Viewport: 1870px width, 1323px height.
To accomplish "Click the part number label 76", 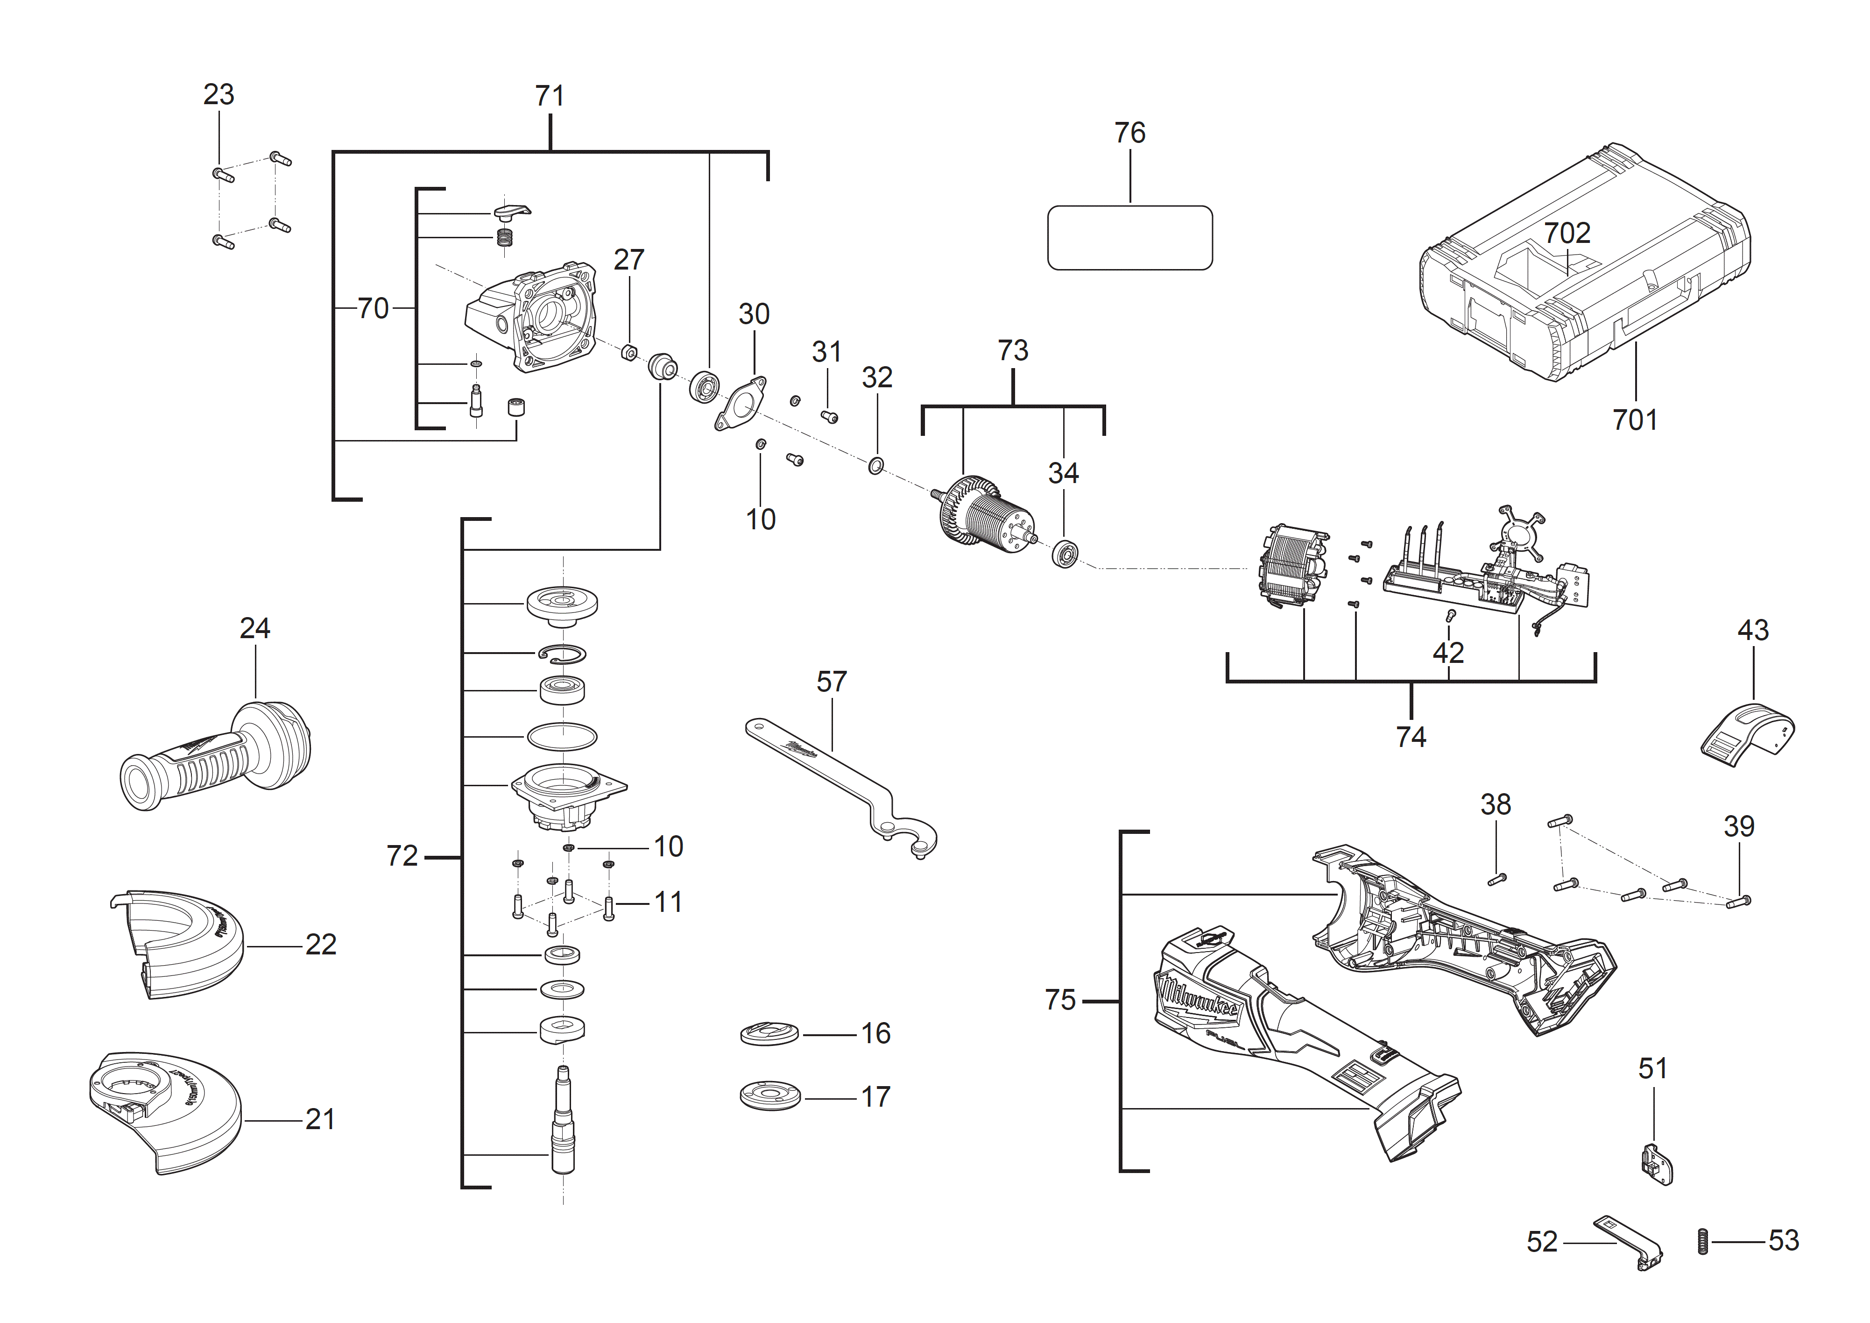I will pyautogui.click(x=1129, y=133).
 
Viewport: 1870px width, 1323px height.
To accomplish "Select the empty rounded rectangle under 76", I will pyautogui.click(x=1129, y=238).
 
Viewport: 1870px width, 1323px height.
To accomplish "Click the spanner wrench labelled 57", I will pyautogui.click(x=843, y=782).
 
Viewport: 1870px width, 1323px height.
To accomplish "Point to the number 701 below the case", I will pyautogui.click(x=1635, y=420).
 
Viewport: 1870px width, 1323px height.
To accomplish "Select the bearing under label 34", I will pyautogui.click(x=1065, y=554).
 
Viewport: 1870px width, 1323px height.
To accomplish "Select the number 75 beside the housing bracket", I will pyautogui.click(x=1060, y=1000).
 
